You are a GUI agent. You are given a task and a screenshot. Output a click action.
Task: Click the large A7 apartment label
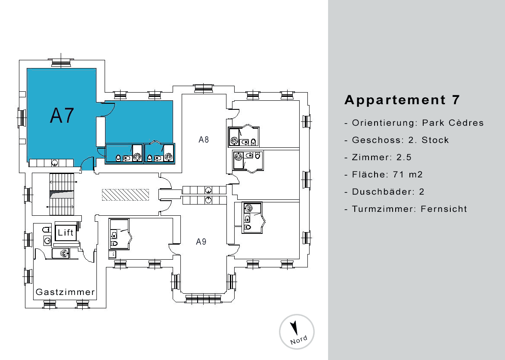pos(62,115)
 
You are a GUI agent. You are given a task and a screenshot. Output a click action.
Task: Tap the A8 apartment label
pos(204,140)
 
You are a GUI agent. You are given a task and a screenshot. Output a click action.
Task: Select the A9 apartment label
pos(201,242)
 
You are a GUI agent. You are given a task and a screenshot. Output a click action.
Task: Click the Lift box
pos(66,232)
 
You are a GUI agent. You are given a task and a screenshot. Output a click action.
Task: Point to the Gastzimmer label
pos(65,292)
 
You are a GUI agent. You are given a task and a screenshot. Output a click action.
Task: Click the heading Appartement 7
pos(402,100)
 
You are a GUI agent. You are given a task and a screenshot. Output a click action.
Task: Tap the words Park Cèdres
pos(453,123)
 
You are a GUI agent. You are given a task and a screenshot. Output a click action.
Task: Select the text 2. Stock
pos(435,140)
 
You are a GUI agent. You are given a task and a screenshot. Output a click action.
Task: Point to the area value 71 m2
pos(408,174)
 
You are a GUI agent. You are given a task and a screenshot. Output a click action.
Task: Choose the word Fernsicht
pos(444,209)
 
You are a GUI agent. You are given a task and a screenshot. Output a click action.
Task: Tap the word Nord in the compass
pos(298,340)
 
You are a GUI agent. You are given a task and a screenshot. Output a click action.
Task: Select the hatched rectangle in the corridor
pos(126,195)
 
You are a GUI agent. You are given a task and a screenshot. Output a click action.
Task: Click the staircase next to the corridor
pos(62,195)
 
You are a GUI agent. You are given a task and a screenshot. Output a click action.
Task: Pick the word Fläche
pos(370,174)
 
